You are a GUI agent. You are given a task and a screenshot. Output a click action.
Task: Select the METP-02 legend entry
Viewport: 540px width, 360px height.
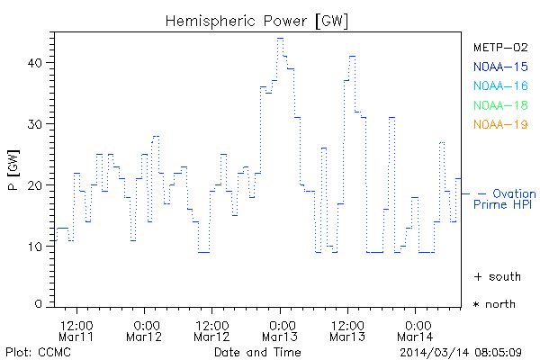pos(499,47)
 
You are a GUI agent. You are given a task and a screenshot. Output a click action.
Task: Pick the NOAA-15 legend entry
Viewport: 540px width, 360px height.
pos(499,66)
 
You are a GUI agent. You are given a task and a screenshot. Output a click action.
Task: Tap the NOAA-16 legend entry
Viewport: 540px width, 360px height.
pos(499,85)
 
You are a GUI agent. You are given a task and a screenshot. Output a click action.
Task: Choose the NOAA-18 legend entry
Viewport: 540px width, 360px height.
pos(499,105)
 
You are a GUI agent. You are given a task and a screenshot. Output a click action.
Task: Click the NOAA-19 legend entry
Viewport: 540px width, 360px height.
pos(499,124)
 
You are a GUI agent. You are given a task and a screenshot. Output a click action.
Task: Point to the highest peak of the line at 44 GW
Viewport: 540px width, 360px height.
pos(280,39)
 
